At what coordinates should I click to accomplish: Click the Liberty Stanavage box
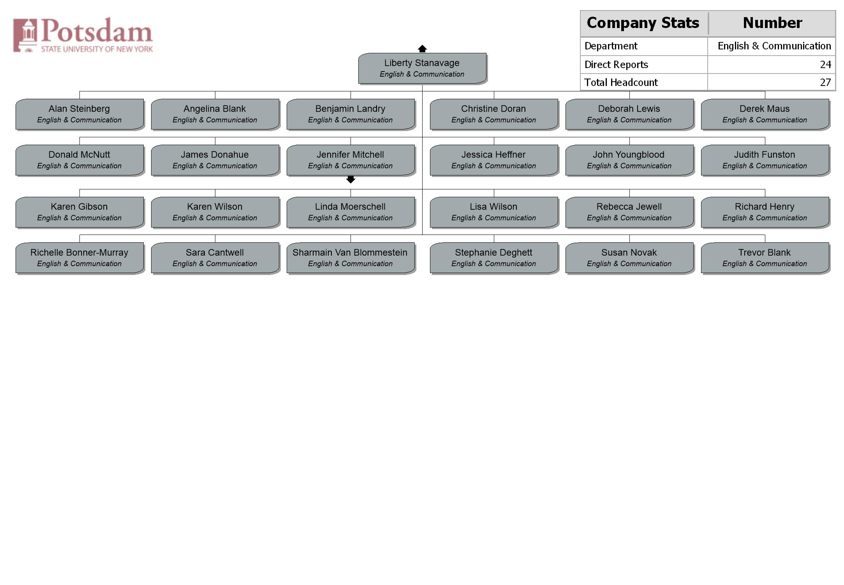(x=422, y=68)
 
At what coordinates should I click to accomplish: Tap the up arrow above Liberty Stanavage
(x=422, y=49)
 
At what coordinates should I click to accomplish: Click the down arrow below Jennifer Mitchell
(x=351, y=179)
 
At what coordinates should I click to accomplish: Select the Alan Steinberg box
(x=79, y=114)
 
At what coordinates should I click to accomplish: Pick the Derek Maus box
(x=765, y=114)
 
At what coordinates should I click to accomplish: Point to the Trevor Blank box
(x=765, y=258)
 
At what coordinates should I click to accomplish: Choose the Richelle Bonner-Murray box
(x=79, y=258)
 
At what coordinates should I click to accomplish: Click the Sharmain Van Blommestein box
(x=351, y=258)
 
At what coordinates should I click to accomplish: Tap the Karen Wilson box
(x=215, y=212)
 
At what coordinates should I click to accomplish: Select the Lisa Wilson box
(x=494, y=212)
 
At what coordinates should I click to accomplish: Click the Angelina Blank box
(x=215, y=114)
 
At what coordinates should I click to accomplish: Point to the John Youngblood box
(x=629, y=160)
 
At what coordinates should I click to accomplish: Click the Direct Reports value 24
(x=825, y=65)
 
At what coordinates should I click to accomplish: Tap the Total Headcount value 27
(x=825, y=82)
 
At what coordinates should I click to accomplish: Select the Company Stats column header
(x=643, y=23)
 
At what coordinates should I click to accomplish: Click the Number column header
(x=772, y=23)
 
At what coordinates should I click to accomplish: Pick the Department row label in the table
(x=611, y=46)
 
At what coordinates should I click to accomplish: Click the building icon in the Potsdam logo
(x=25, y=35)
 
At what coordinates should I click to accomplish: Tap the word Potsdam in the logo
(x=97, y=31)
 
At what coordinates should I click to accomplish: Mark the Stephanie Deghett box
(x=494, y=258)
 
